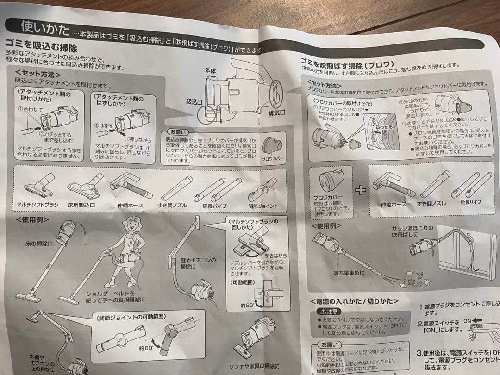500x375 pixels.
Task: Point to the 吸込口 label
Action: click(x=194, y=100)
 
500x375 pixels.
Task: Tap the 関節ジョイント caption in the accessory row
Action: click(x=263, y=206)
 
